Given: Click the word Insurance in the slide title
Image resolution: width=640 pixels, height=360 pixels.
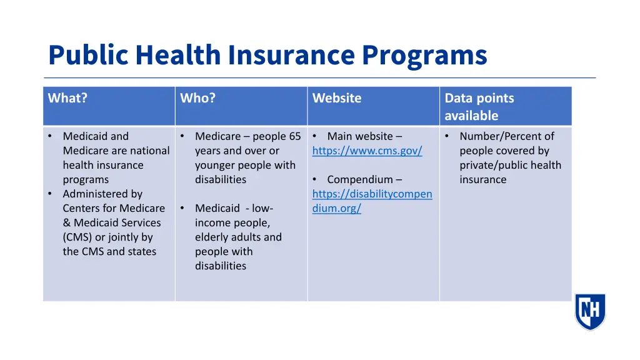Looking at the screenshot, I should point(292,55).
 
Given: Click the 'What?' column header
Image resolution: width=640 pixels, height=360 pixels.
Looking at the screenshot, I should point(67,98).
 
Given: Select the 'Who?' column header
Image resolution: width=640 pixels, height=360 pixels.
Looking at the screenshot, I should point(197,98).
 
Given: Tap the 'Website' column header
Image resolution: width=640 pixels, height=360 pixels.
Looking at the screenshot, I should point(337,98).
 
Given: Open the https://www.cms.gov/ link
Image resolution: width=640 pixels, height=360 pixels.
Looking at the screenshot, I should point(367,151).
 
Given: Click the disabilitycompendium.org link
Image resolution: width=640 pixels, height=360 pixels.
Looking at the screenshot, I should point(372,201).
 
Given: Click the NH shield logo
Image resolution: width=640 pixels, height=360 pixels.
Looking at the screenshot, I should point(590,311).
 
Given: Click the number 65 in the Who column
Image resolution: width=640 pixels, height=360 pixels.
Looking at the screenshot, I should point(294,136).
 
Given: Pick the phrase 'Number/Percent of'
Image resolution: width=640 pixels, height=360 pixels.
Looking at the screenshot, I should point(506,136).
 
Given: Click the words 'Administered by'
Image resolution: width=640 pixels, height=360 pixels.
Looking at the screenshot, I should point(102,194).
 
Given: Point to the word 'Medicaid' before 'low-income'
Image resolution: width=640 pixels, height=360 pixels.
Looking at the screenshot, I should point(217,208).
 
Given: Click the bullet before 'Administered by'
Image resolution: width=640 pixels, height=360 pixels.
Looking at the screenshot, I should point(50,194).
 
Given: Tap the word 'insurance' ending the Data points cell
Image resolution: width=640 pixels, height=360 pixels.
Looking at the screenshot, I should point(482,179).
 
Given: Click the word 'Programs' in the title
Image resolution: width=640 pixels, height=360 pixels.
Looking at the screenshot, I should point(424,55).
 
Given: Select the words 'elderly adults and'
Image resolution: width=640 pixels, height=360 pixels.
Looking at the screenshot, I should point(238,237).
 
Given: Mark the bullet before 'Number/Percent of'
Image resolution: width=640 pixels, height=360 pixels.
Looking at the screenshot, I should point(447,136).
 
